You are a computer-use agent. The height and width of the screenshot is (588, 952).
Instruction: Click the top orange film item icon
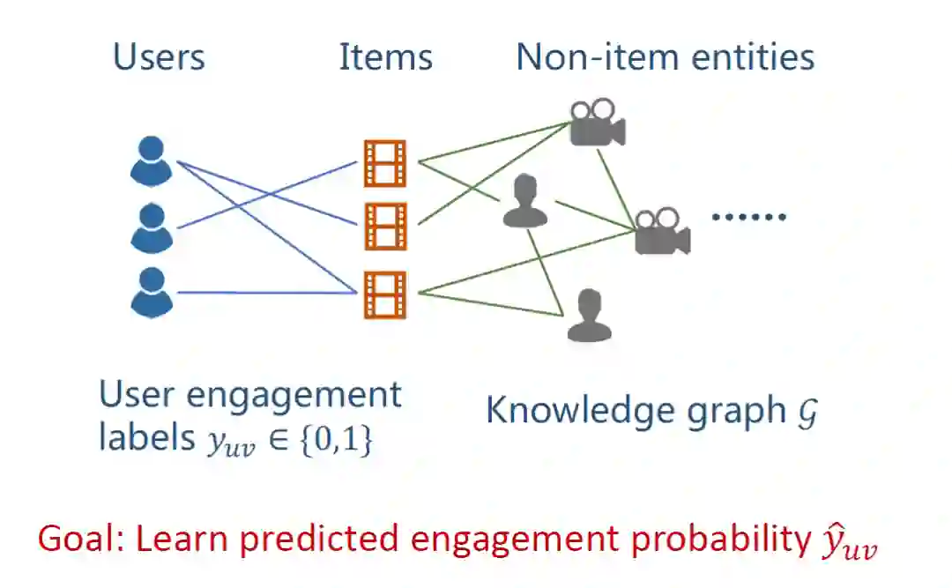[x=385, y=163]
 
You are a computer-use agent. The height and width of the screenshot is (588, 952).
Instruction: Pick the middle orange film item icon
[x=385, y=226]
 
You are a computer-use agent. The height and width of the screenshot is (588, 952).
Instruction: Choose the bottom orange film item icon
[x=385, y=294]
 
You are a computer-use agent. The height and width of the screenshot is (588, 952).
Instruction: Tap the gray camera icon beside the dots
[x=661, y=231]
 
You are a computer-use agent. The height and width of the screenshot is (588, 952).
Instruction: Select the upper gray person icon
[x=524, y=201]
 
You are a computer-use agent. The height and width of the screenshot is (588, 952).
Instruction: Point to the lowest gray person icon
[x=589, y=316]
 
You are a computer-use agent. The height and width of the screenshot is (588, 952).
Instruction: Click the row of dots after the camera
[x=747, y=216]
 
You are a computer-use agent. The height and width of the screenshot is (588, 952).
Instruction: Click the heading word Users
[x=159, y=58]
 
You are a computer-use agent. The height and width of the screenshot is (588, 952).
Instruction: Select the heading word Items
[x=385, y=58]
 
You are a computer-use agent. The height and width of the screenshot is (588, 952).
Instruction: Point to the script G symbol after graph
[x=806, y=412]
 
